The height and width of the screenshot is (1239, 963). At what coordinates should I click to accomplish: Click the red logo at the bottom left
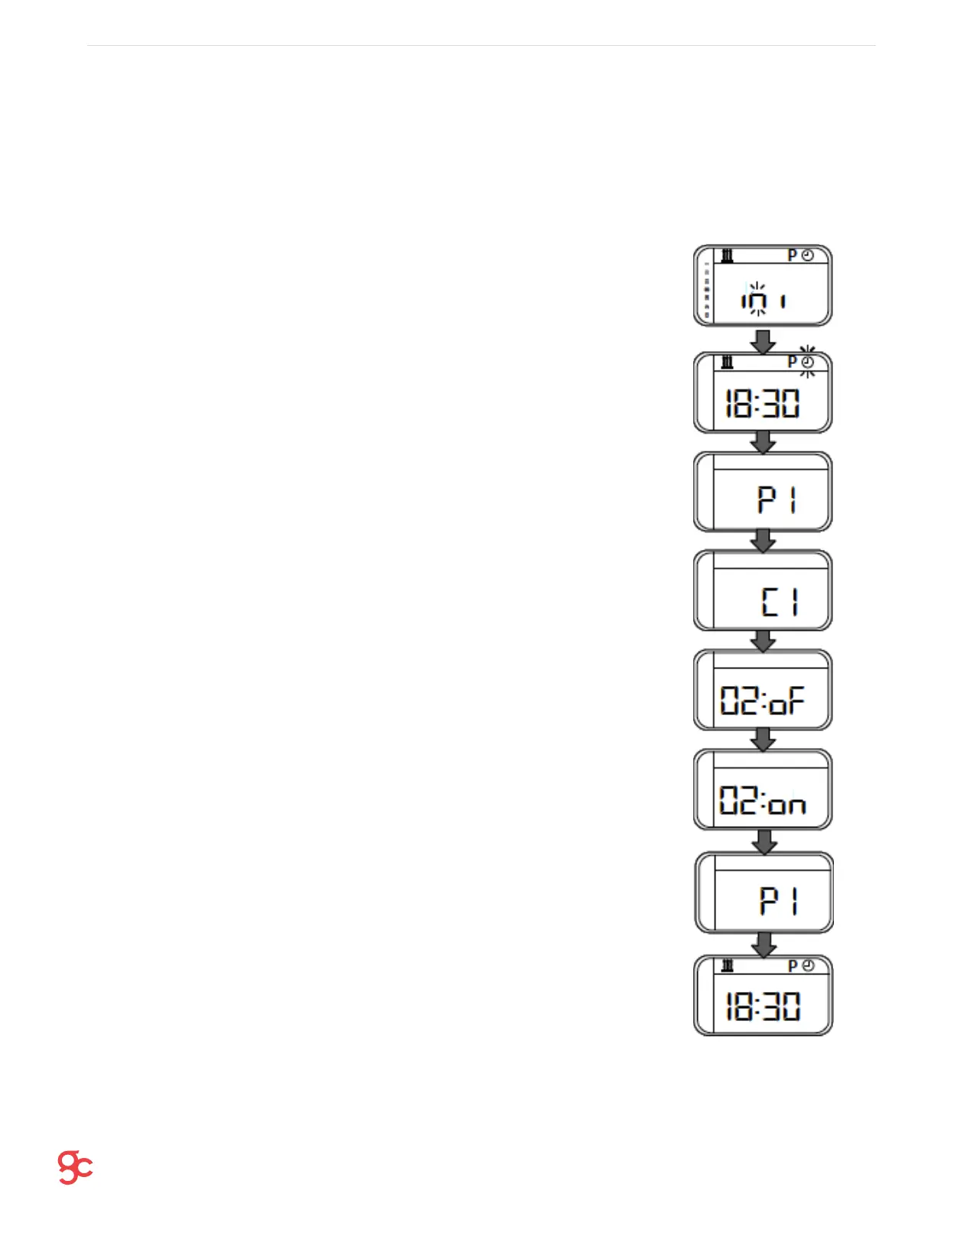pos(75,1167)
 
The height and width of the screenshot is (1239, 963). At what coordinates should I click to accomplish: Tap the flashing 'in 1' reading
pos(763,300)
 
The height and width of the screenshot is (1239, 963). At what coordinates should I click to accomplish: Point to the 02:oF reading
pos(762,700)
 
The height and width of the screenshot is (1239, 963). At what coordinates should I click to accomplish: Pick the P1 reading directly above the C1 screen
pos(778,501)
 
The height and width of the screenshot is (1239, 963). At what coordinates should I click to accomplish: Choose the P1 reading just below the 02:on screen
pos(779,900)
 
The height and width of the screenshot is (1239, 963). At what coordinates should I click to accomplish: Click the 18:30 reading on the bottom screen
pos(762,1006)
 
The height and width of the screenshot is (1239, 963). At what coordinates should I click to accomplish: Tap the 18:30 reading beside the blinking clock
pos(762,403)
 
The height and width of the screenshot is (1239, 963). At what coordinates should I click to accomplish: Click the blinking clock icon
pos(808,362)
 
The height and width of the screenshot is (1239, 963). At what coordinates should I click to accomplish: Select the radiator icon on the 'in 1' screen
pos(728,255)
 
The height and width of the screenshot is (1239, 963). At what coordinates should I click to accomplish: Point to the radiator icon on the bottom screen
pos(728,966)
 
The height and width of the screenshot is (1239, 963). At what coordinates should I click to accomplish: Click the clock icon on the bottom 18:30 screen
pos(808,966)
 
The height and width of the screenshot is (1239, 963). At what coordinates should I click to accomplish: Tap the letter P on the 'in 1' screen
pos(793,255)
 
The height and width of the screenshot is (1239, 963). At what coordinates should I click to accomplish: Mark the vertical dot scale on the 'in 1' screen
pos(707,291)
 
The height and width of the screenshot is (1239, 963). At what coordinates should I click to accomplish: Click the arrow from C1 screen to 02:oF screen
pos(763,640)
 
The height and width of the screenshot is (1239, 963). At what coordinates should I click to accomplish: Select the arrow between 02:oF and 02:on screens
pos(763,740)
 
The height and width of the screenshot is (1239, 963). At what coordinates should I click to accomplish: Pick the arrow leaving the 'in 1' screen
pos(763,340)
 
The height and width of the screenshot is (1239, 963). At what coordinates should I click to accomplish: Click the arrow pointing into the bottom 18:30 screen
pos(764,945)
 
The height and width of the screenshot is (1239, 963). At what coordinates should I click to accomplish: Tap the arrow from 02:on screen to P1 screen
pos(764,841)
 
